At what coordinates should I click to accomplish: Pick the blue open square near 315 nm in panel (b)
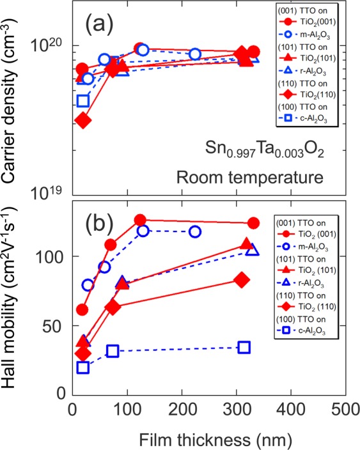click(x=244, y=347)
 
